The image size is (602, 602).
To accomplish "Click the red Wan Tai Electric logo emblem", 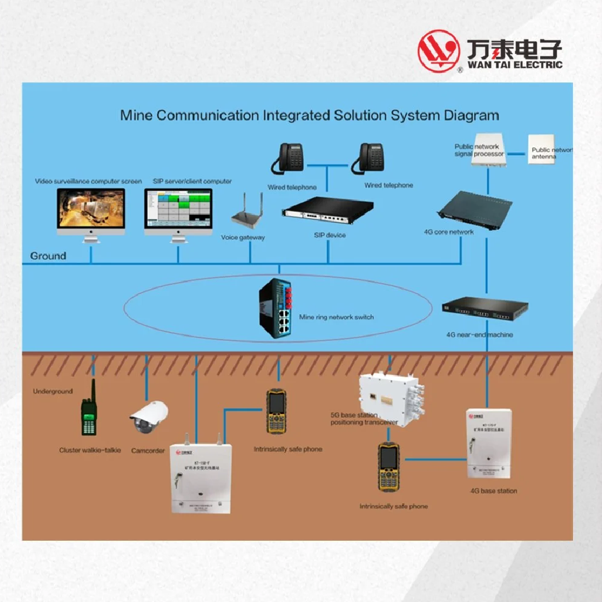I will point(439,51).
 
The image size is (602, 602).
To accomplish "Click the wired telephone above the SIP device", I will point(289,158).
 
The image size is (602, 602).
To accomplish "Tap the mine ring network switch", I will point(276,310).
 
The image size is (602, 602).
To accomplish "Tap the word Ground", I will point(48,256).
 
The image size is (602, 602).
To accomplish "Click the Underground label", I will point(52,391).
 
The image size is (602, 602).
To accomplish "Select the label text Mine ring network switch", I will point(336,317).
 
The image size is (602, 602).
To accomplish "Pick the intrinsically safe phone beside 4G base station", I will point(389,467).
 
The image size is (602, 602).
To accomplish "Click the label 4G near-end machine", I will point(479,335).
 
